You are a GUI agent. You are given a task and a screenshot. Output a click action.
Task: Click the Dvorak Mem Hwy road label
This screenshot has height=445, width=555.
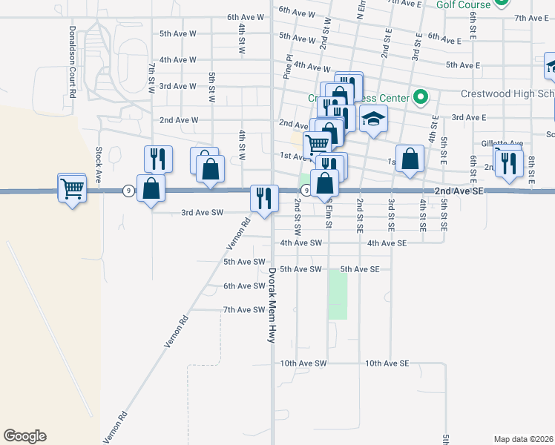point(272,305)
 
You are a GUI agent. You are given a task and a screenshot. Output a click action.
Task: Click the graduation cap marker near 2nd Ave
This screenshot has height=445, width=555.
point(373,118)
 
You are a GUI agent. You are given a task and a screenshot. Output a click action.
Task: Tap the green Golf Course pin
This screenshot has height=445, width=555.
point(502,3)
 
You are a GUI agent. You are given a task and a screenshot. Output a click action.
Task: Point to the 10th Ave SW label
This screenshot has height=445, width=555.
point(303,363)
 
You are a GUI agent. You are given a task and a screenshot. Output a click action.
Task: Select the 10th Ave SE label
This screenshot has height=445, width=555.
point(387,363)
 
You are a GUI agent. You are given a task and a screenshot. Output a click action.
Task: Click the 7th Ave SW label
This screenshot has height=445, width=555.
point(244,309)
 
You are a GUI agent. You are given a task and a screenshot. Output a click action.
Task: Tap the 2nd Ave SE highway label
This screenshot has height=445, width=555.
point(460,191)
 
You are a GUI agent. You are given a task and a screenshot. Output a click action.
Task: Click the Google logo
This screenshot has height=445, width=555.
point(24,436)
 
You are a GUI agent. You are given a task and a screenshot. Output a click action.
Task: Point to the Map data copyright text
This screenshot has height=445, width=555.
point(522,439)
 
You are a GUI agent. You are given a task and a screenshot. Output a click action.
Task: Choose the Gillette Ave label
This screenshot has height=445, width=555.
point(502,143)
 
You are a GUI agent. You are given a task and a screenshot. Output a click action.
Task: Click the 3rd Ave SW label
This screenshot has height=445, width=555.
point(203,213)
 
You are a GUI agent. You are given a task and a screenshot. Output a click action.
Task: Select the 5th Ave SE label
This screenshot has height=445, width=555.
point(360,269)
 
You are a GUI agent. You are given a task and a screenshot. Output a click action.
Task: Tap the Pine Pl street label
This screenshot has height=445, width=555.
point(288,66)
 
